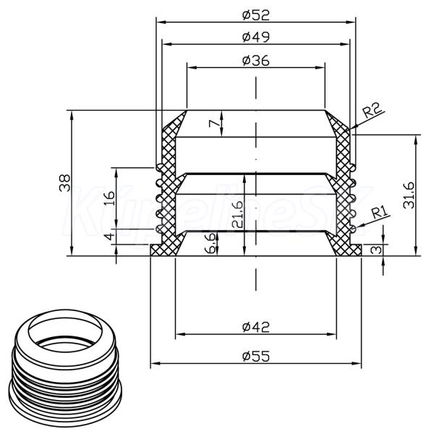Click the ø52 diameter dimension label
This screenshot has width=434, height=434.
click(255, 14)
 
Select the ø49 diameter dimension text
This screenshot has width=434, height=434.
click(255, 37)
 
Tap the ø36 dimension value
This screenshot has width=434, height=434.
click(255, 61)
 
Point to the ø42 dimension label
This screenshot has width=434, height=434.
click(255, 327)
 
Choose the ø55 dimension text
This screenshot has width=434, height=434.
click(255, 356)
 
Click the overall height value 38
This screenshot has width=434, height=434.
click(65, 183)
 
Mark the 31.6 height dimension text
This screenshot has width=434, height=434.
click(409, 195)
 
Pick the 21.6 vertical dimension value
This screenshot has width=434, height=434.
click(237, 215)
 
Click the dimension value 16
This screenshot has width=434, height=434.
click(110, 198)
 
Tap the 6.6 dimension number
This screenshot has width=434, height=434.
click(210, 243)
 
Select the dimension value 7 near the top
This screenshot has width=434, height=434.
click(214, 124)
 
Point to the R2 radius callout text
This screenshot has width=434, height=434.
click(372, 110)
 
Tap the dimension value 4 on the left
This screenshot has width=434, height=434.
click(110, 237)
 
